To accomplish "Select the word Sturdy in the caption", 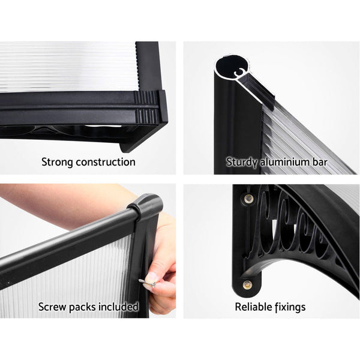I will pyautogui.click(x=241, y=162).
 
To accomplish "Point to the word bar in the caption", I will pyautogui.click(x=325, y=162).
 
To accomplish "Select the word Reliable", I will pyautogui.click(x=253, y=307).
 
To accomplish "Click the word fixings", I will pyautogui.click(x=289, y=307).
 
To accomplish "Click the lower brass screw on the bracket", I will pyautogui.click(x=246, y=284).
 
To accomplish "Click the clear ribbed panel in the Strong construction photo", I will pyautogui.click(x=66, y=66).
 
